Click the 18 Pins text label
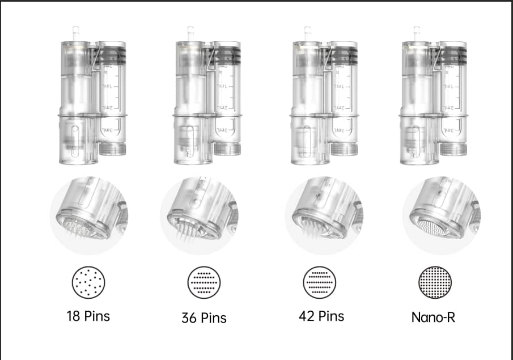(88, 316)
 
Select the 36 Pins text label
(204, 318)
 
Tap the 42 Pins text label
(321, 316)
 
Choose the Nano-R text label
(433, 317)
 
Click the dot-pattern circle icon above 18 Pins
(88, 282)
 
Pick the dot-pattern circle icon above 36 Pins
(204, 282)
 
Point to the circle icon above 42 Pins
(319, 282)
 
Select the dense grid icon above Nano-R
(435, 282)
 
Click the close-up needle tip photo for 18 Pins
(88, 215)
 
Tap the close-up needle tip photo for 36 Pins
(199, 215)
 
